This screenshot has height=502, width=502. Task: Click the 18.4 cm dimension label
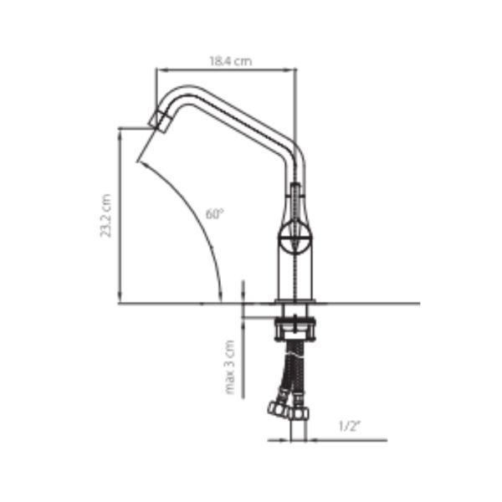coord(231,61)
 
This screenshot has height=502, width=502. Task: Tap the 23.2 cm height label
coord(106,216)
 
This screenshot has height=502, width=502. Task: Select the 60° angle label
coord(214,213)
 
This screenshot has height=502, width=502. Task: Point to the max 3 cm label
coord(230,367)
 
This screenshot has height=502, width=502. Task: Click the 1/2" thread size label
coord(350,426)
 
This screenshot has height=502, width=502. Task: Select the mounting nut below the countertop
coord(295,329)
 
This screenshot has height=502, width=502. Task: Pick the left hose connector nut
coord(277,409)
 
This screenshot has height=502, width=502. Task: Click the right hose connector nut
coord(299,413)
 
